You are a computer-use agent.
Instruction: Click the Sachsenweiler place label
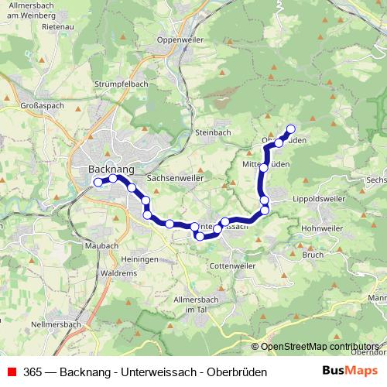coord(175,176)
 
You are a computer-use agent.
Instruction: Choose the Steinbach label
coord(213,132)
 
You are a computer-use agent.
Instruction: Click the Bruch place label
coord(313,254)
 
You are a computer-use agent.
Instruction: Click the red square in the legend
coord(12,372)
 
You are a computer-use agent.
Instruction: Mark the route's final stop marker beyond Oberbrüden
coord(291,129)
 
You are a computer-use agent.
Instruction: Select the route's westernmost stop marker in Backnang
coord(98,182)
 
